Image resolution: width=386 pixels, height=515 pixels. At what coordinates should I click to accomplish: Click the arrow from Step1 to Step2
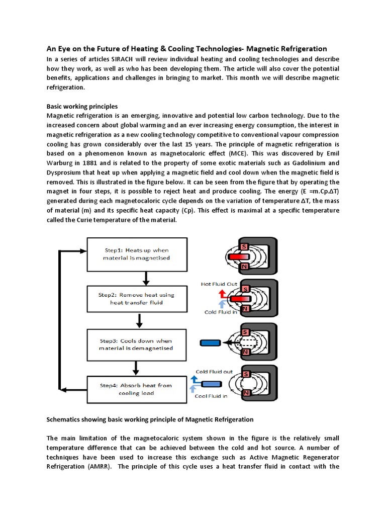click(x=145, y=278)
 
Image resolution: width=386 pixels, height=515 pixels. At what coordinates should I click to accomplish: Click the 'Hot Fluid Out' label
click(x=219, y=284)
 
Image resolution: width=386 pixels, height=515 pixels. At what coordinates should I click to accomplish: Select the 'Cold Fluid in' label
click(x=221, y=312)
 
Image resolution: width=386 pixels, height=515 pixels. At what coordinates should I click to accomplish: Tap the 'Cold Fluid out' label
click(x=214, y=372)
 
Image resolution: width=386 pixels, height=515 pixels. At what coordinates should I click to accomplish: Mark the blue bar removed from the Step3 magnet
click(x=208, y=343)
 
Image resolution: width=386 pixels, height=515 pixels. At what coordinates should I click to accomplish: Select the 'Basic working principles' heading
click(x=82, y=107)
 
